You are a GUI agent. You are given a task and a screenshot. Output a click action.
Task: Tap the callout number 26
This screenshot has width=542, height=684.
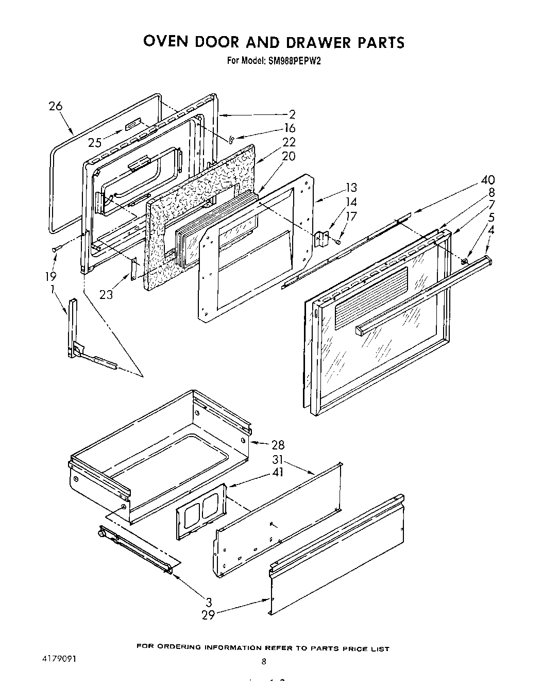click(x=56, y=106)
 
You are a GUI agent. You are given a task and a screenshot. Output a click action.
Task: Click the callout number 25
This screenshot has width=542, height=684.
click(x=95, y=143)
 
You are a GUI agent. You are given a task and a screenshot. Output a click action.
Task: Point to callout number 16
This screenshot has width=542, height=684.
click(x=290, y=128)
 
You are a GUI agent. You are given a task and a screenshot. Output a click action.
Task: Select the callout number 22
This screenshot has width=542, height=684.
click(x=290, y=142)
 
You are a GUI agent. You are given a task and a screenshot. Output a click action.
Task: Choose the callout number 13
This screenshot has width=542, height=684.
click(x=351, y=188)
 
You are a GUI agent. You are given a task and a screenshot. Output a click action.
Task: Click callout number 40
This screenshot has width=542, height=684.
click(x=487, y=179)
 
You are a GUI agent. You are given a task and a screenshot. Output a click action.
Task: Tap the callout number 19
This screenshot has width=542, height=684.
click(x=50, y=277)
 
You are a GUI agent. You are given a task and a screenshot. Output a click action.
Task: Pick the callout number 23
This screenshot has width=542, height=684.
click(x=107, y=294)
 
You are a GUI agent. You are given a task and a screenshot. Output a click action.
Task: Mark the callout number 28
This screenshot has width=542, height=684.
click(x=278, y=445)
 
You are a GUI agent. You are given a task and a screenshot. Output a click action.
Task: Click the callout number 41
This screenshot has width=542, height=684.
click(x=278, y=472)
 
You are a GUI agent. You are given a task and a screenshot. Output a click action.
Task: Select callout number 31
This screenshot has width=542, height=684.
click(x=278, y=459)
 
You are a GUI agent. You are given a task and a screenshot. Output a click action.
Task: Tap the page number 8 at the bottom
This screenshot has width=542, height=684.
click(x=263, y=662)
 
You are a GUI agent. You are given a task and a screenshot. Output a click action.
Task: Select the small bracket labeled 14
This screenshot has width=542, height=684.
click(x=323, y=239)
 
